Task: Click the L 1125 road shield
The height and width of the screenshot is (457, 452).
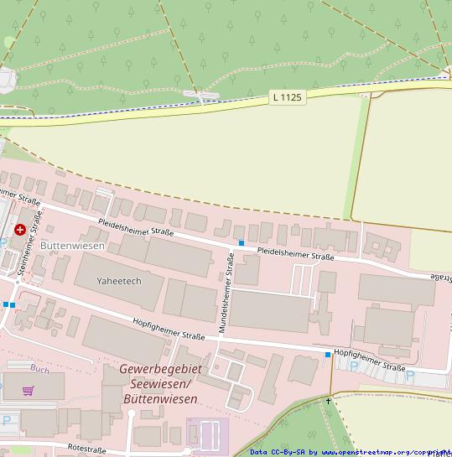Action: point(287,97)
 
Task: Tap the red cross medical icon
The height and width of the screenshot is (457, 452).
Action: point(20,229)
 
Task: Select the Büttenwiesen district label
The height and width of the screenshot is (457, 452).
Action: point(72,246)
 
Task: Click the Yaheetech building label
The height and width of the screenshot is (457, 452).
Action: point(119,281)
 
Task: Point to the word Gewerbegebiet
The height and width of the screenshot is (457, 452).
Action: point(160,369)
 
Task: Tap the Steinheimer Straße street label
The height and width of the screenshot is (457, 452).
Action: point(29,244)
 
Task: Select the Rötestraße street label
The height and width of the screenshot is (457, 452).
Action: point(86,450)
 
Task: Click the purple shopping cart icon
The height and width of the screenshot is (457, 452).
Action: point(29,391)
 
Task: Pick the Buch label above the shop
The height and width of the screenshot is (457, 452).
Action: point(39,369)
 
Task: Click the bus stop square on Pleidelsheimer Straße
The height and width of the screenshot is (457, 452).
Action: point(242,243)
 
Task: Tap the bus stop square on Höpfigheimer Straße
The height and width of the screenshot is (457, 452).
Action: point(328,355)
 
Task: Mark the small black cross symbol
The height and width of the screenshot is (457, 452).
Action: point(328,401)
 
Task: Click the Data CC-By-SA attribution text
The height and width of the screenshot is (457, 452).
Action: point(278,452)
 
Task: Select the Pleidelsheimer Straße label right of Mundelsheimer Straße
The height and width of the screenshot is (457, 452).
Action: point(295,254)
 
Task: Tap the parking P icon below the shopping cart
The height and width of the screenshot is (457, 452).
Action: point(7,420)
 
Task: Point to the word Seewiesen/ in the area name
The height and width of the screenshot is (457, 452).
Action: point(160,384)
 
